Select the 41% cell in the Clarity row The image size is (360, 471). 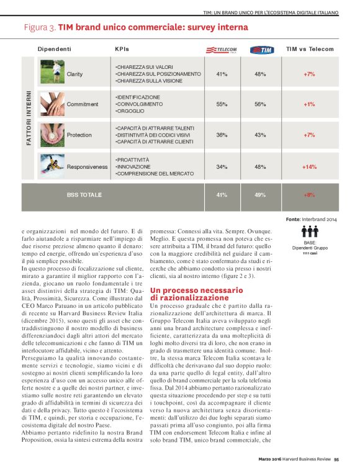click(221, 74)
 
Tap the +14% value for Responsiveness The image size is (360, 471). click(309, 167)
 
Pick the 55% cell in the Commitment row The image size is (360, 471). click(221, 104)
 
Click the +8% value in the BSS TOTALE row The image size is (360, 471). click(309, 195)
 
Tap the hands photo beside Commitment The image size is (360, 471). click(52, 104)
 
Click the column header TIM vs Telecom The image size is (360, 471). click(309, 48)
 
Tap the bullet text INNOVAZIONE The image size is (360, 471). click(133, 166)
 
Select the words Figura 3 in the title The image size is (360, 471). click(40, 27)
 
